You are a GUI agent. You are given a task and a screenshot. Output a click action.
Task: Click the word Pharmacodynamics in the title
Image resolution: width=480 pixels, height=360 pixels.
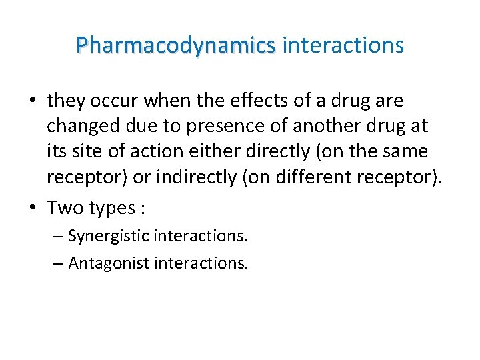[175, 45]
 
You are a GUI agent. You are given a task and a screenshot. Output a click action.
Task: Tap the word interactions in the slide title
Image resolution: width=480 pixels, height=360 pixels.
[343, 45]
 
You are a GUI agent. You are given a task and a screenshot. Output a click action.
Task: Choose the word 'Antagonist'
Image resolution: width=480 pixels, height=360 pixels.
[109, 263]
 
